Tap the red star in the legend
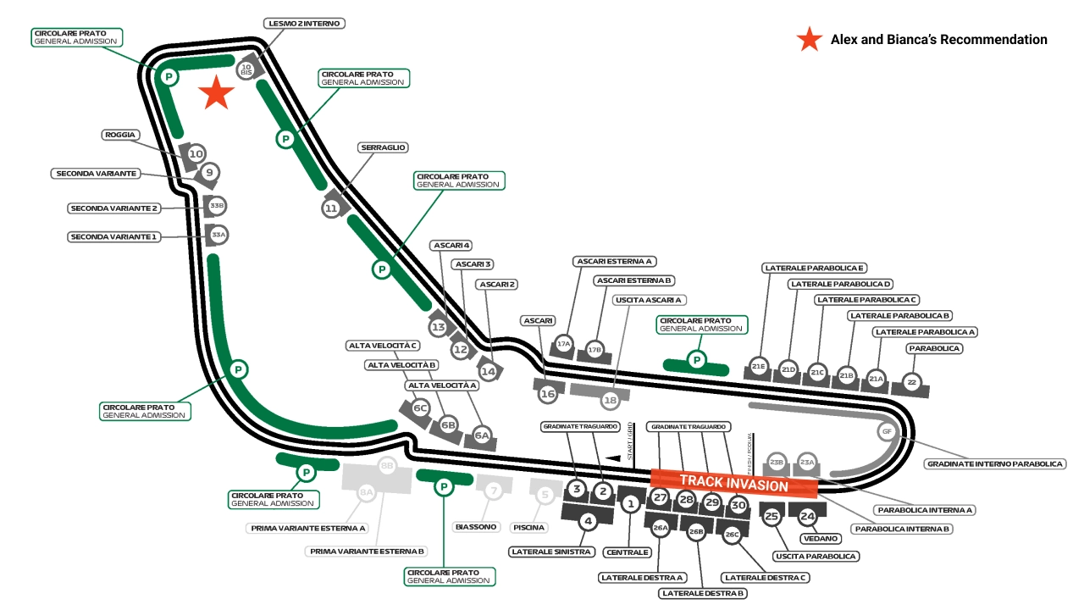[810, 39]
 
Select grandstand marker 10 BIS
[246, 69]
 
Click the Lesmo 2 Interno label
[304, 24]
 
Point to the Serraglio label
[384, 147]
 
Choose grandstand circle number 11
[331, 208]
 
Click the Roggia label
[120, 135]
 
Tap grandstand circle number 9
[209, 173]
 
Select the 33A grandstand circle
[218, 235]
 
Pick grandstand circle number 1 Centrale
[630, 504]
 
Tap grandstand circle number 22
[911, 383]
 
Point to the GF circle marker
[887, 431]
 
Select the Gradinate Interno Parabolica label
[995, 464]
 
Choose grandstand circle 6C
[419, 408]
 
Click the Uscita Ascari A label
[650, 300]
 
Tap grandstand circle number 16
[548, 394]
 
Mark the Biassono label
[476, 527]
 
